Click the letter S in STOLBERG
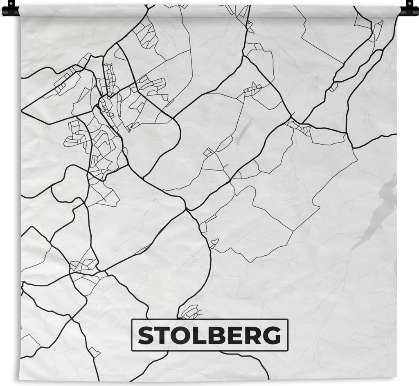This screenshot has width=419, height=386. pyautogui.click(x=145, y=336)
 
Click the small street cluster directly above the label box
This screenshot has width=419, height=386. pyautogui.click(x=191, y=312)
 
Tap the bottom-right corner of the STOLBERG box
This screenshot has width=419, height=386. pyautogui.click(x=288, y=350)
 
